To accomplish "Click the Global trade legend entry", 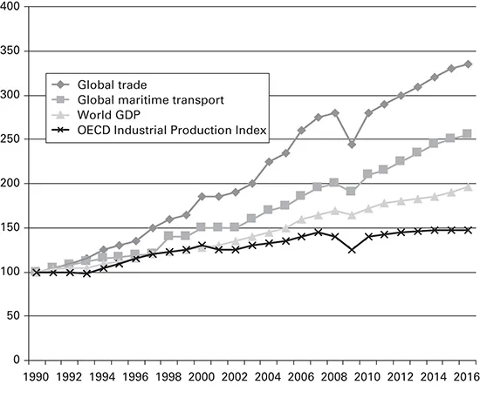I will coord(112,84).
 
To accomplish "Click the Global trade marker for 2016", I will coord(467,64).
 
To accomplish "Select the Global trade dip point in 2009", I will coord(351,144).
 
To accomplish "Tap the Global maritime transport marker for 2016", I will coord(467,133).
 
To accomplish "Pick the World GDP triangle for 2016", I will coord(467,186).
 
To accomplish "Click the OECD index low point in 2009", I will coord(351,249).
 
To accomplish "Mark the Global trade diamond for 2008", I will coord(334,112).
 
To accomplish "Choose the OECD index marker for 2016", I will coord(467,230).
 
